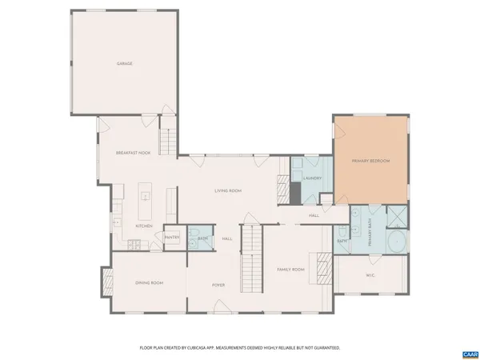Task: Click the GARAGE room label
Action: point(124,64)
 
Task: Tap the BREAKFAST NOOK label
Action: point(133,153)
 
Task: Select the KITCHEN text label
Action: point(144,226)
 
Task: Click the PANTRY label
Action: point(172,238)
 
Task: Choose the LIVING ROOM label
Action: point(228,191)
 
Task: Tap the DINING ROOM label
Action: point(149,282)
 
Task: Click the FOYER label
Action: point(218,286)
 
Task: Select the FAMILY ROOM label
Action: point(291,270)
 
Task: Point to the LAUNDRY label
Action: point(312,178)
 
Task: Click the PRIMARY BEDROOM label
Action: point(370,162)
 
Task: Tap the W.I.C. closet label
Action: point(370,276)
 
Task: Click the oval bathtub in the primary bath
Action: point(396,241)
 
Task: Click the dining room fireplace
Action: point(106,282)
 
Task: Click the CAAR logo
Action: point(470,353)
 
